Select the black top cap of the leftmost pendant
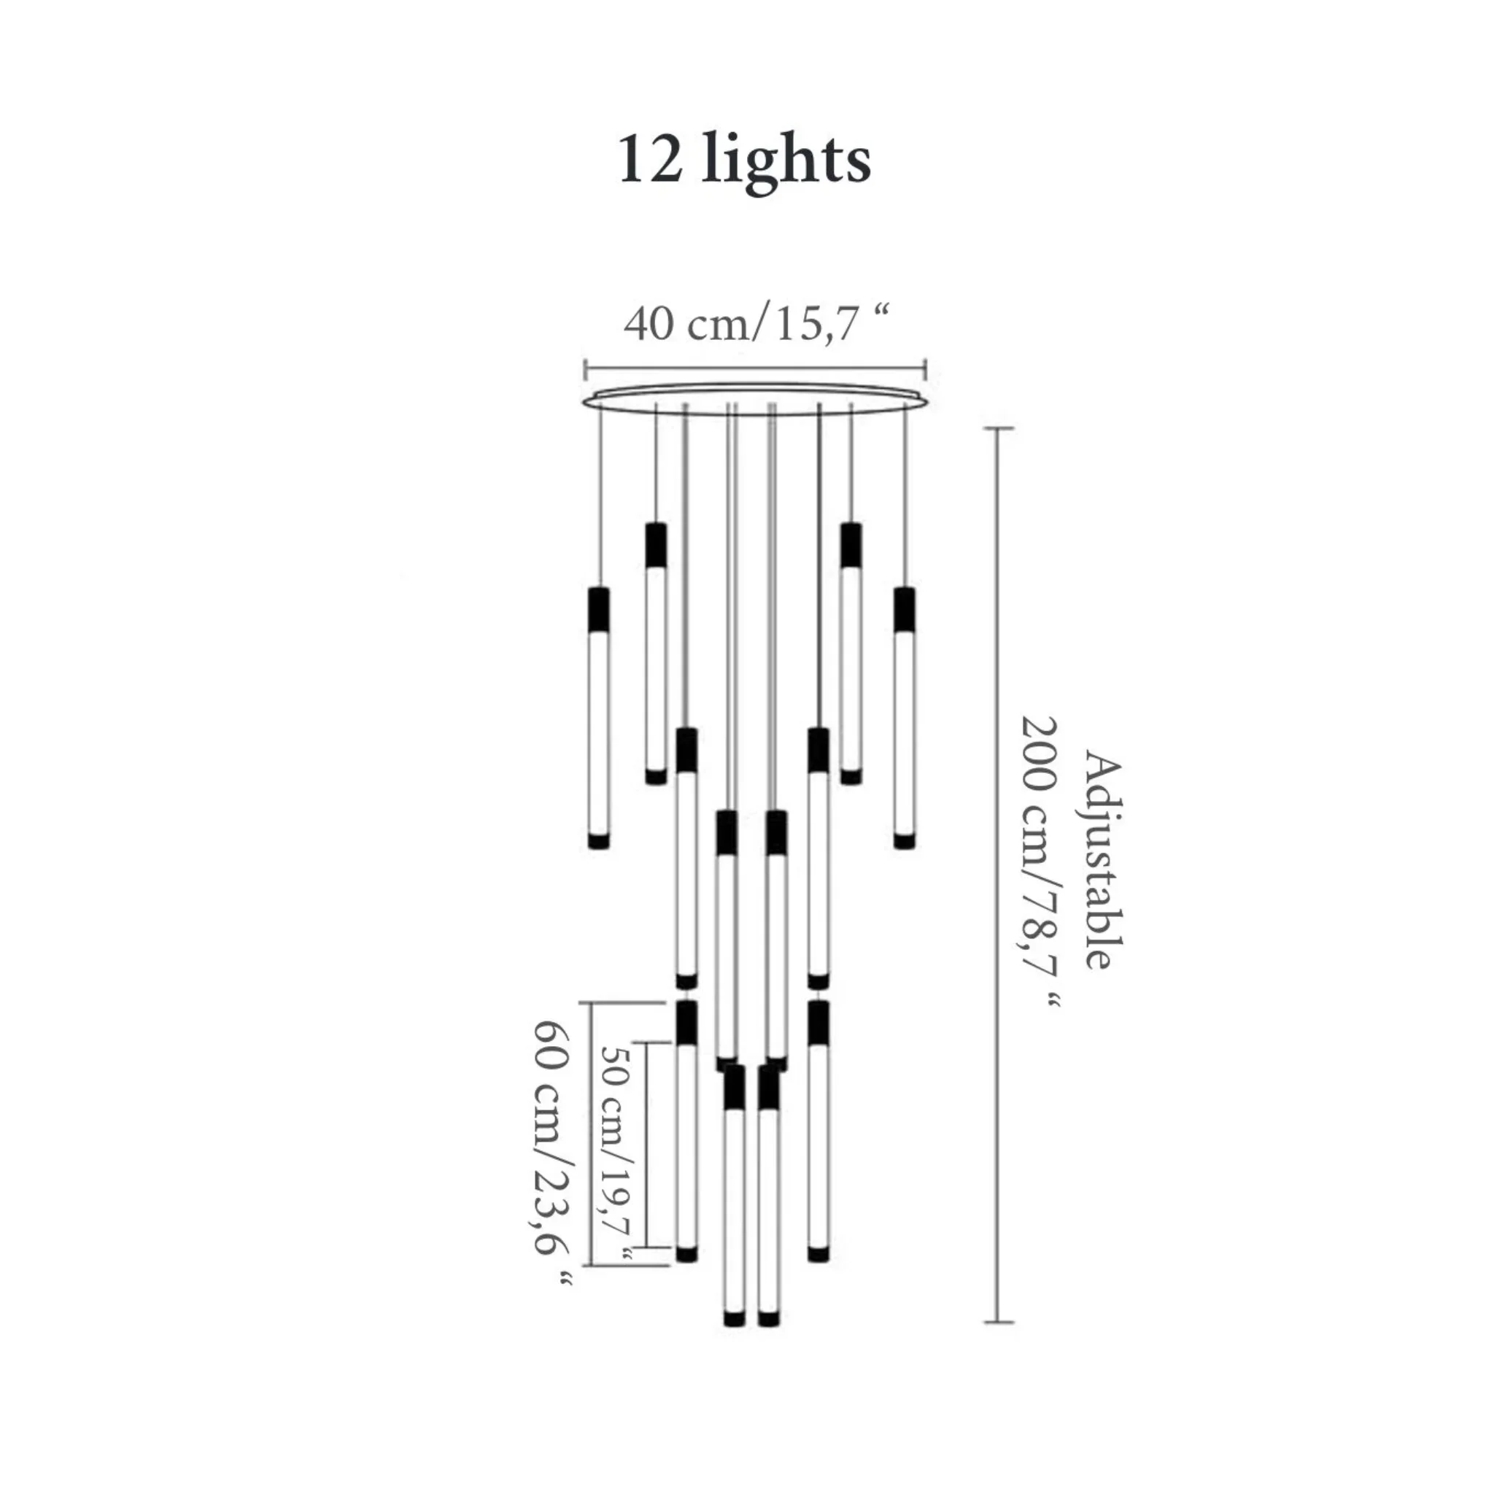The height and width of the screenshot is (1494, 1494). point(598,610)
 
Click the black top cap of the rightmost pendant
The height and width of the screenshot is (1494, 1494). point(904,610)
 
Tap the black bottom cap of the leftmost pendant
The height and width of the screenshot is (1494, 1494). point(598,840)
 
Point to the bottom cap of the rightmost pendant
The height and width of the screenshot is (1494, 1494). point(904,840)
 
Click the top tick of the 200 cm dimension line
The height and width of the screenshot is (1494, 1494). point(999,428)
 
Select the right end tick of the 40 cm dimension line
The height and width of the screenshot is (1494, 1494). point(926,369)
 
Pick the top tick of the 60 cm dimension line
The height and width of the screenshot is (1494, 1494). point(590,1003)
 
